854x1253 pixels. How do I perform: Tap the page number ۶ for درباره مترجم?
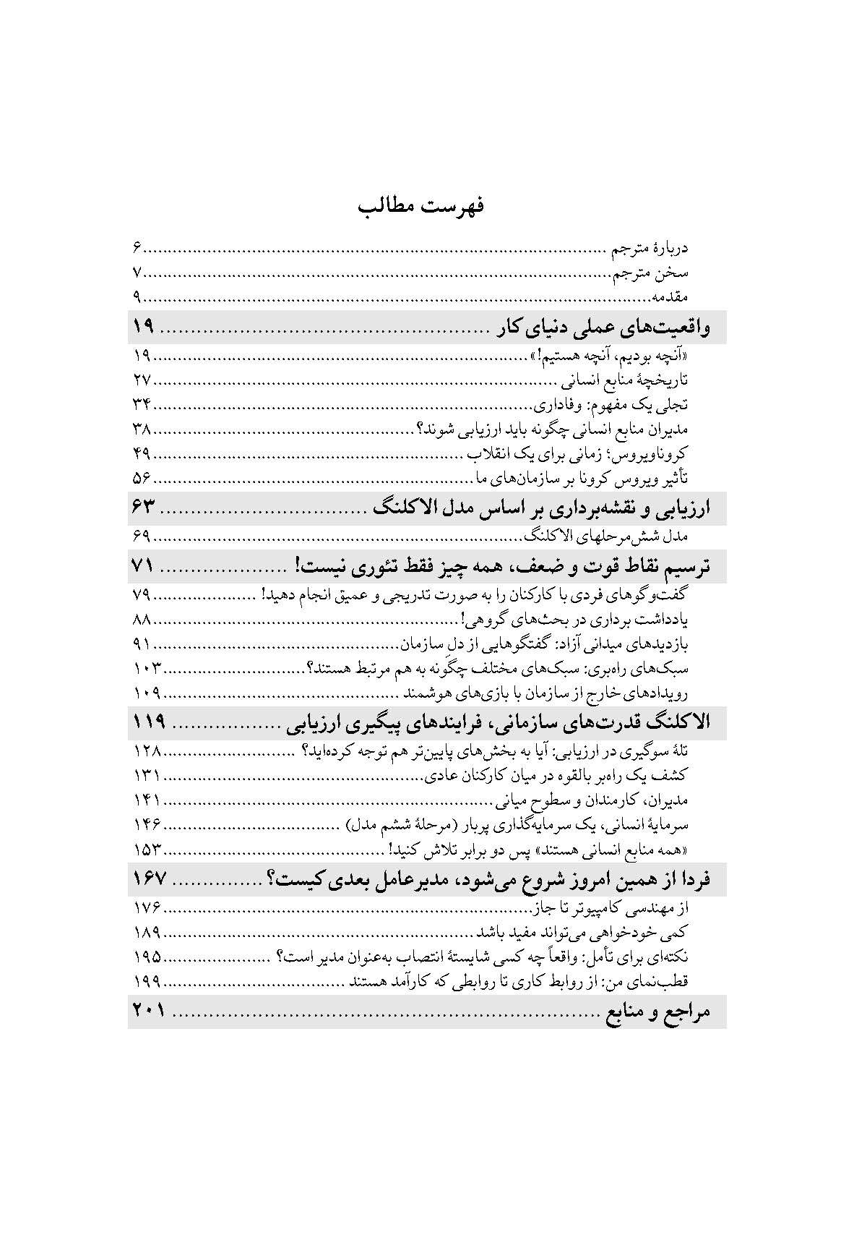coord(137,249)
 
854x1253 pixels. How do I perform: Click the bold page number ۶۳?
coord(145,508)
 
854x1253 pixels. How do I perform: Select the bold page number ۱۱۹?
coord(149,722)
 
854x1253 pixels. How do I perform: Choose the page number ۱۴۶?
coord(147,824)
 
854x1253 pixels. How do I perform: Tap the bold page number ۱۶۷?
coord(149,879)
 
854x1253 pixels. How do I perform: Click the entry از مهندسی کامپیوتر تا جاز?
coord(611,907)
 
